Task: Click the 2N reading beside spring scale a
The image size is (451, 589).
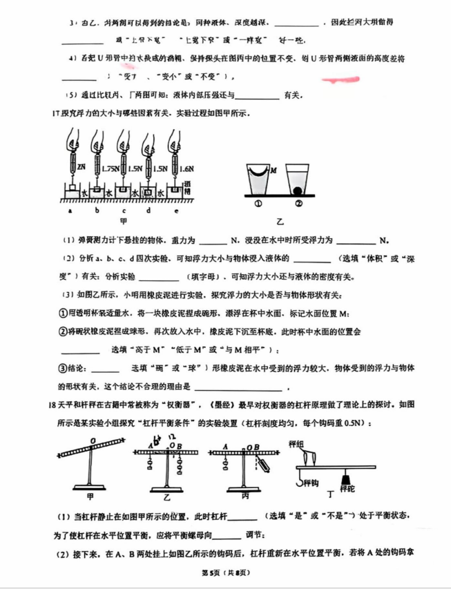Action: coord(81,166)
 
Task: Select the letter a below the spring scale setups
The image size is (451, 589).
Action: coord(69,210)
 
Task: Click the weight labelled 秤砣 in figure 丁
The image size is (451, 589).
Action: coord(345,479)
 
